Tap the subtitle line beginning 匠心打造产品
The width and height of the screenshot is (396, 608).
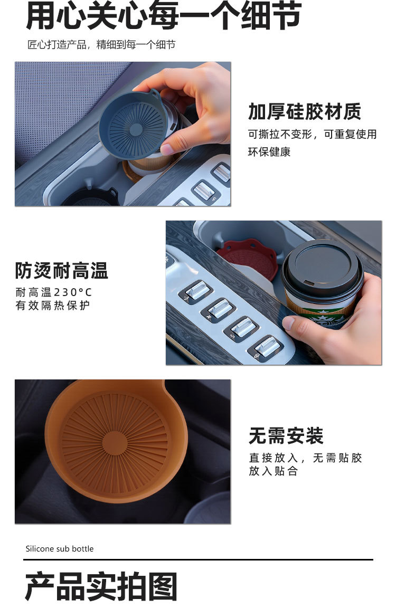pyautogui.click(x=101, y=44)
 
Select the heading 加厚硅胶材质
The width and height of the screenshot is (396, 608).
pyautogui.click(x=305, y=112)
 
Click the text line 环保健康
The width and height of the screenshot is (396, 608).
pyautogui.click(x=269, y=151)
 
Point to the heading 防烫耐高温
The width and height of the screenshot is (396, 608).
pyautogui.click(x=61, y=270)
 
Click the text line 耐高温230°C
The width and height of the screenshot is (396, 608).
pyautogui.click(x=53, y=292)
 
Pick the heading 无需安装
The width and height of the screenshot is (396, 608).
pyautogui.click(x=286, y=435)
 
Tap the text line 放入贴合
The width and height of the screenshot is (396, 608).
pyautogui.click(x=273, y=471)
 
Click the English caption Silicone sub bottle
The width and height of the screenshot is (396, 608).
pyautogui.click(x=59, y=549)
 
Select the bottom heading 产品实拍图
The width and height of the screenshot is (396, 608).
pyautogui.click(x=101, y=586)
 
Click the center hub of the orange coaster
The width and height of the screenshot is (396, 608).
pyautogui.click(x=115, y=443)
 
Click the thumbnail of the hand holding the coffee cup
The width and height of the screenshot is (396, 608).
pyautogui.click(x=274, y=293)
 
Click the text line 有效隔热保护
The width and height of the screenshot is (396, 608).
pyautogui.click(x=53, y=305)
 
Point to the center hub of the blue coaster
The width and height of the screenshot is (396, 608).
pyautogui.click(x=136, y=129)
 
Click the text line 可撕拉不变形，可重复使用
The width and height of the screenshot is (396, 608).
pyautogui.click(x=312, y=134)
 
